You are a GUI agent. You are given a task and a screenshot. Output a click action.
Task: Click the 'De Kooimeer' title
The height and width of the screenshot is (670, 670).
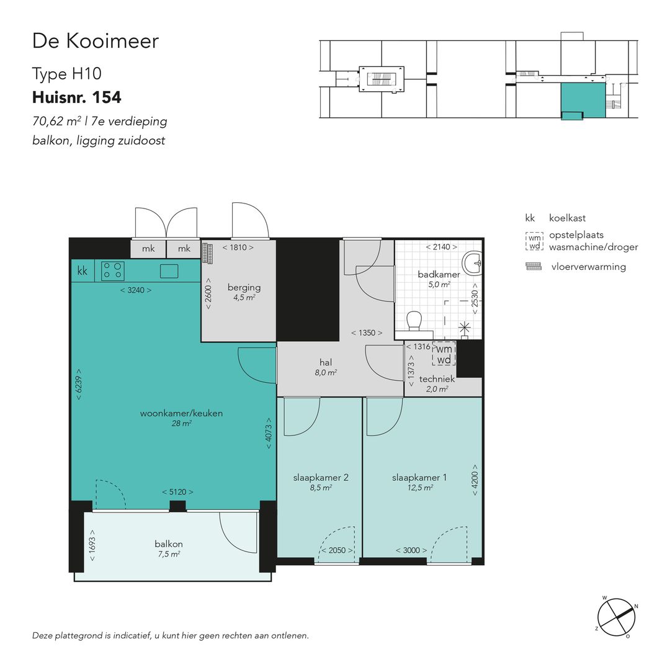click(x=96, y=41)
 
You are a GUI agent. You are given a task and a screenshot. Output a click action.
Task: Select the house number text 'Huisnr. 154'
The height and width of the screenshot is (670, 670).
click(x=76, y=97)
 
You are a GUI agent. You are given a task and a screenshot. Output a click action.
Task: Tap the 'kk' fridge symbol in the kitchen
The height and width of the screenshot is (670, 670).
click(x=82, y=271)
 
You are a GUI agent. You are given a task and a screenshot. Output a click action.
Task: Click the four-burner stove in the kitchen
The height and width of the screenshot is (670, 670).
click(x=113, y=270)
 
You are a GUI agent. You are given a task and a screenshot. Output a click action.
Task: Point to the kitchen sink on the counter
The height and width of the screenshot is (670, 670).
click(x=169, y=270)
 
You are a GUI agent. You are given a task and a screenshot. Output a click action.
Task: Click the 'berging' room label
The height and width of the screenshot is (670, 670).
click(x=244, y=287)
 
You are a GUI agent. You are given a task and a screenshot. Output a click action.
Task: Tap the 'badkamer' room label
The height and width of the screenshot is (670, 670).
click(x=438, y=274)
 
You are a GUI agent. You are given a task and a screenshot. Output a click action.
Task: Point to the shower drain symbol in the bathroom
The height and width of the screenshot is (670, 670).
click(x=464, y=327)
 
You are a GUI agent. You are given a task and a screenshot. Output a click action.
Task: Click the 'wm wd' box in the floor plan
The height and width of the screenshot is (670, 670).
click(x=444, y=354)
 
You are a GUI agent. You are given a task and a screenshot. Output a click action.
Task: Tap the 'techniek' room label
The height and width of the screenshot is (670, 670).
click(x=437, y=379)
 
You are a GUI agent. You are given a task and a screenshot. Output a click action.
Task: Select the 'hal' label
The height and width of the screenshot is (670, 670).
click(x=326, y=362)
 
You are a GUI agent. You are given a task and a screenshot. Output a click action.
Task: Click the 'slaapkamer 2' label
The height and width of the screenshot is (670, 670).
click(x=321, y=477)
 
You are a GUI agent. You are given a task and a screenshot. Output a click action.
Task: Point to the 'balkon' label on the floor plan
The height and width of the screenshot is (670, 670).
click(x=168, y=544)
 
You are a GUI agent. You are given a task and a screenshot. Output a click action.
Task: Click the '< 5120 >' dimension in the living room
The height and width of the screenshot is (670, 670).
click(x=177, y=492)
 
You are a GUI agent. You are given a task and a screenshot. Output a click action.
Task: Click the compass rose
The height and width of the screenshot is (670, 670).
click(x=617, y=616)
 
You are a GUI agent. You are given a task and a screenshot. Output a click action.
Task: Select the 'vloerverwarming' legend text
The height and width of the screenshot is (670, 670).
click(x=588, y=267)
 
